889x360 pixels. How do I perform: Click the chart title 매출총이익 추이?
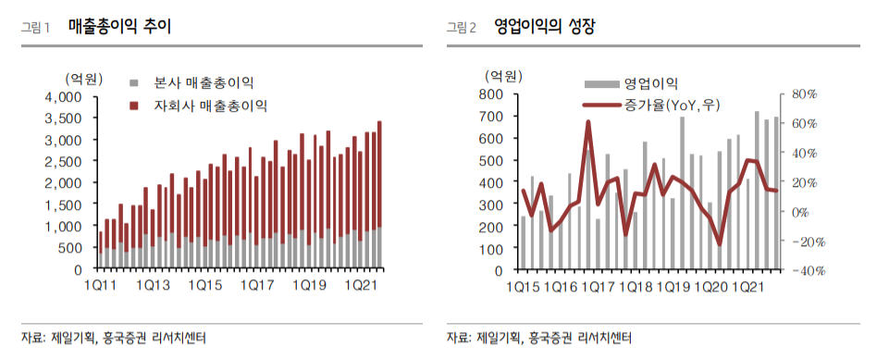click(x=119, y=27)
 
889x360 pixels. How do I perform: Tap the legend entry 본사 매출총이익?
click(x=200, y=84)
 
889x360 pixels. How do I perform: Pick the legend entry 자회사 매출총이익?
click(x=206, y=106)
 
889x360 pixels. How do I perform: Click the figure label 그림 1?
click(x=35, y=28)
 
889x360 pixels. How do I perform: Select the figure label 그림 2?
click(x=461, y=28)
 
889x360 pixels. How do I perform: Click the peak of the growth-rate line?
click(x=588, y=122)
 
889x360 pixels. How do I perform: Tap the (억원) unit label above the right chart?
click(x=503, y=76)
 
